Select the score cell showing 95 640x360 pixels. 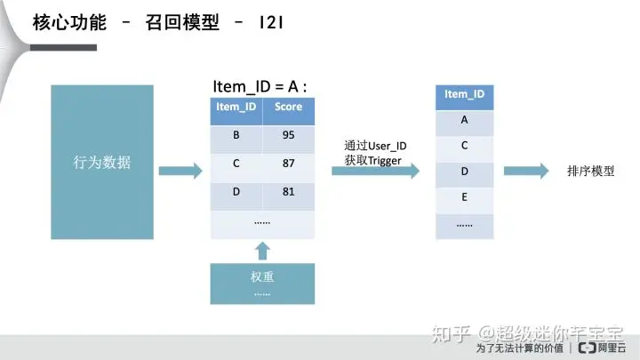[x=288, y=135]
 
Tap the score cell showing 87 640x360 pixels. [x=288, y=164]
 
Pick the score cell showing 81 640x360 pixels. [x=288, y=192]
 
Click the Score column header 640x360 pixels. [x=288, y=107]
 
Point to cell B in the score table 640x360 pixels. [x=236, y=135]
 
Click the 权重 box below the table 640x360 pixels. [x=262, y=283]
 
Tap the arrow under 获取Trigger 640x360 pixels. [x=374, y=172]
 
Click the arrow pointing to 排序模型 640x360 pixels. [x=526, y=172]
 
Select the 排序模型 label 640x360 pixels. [x=589, y=170]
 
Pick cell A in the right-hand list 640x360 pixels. [x=464, y=120]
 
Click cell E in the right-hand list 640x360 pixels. [x=464, y=196]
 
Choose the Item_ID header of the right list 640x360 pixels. [x=464, y=94]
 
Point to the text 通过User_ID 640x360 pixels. [x=375, y=145]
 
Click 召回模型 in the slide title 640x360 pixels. [x=180, y=23]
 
